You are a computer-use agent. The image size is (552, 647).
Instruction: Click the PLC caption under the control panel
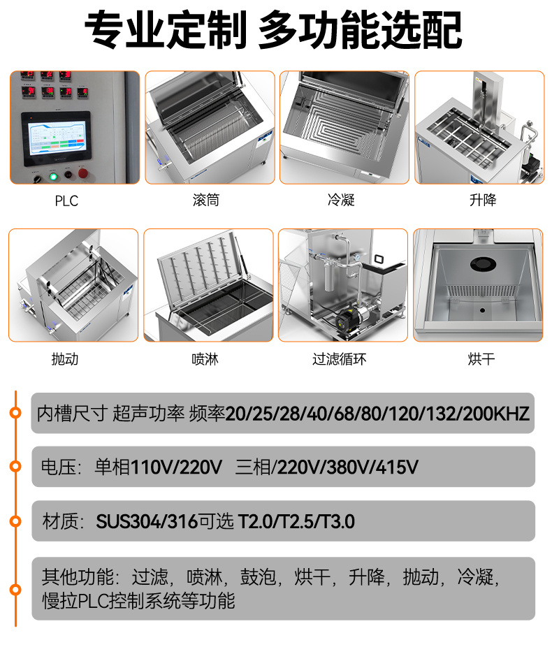pos(66,201)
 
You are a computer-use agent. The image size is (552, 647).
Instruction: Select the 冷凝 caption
pos(341,201)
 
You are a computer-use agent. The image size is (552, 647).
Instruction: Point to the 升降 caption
pos(482,201)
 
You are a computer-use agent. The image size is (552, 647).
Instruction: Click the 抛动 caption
pos(65,359)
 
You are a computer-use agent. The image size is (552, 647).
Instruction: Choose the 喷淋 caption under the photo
pos(205,359)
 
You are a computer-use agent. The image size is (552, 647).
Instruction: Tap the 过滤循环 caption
pos(340,359)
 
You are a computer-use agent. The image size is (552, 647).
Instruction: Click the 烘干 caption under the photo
pos(481,359)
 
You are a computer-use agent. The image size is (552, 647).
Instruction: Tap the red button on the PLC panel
pos(84,173)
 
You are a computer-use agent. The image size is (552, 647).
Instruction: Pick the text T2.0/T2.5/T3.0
pos(297,521)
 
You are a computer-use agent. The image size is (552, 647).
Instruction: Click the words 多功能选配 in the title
pos(360,31)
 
